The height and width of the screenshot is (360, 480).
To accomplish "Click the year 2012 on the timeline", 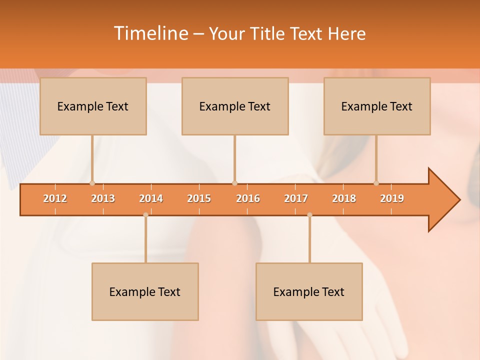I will tap(55, 198).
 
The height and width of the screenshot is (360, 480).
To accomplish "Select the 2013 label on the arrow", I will tap(103, 198).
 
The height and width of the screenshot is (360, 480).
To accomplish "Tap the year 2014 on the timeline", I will tap(151, 198).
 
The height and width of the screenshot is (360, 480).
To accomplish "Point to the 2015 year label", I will tap(199, 198).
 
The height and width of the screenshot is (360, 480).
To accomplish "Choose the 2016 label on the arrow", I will tap(248, 198).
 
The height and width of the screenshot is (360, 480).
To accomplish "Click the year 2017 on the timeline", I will tap(296, 198).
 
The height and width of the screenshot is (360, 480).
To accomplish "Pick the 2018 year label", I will tap(344, 198).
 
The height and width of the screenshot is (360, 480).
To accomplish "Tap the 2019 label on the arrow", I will tap(392, 198).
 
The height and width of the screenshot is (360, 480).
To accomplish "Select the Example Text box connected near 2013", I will tap(93, 106).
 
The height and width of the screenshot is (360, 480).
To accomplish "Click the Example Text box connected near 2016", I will tap(235, 106).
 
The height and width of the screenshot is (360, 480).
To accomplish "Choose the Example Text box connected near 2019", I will tap(377, 106).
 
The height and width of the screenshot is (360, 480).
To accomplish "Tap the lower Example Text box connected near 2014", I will tap(145, 291).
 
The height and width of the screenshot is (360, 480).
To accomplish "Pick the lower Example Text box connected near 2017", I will tap(309, 291).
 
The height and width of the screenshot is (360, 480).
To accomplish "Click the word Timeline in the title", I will tap(150, 33).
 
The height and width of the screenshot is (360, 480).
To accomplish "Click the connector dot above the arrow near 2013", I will tap(92, 183).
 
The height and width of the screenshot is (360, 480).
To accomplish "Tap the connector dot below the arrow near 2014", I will tap(145, 215).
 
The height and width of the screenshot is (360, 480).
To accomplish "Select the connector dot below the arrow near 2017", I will tap(309, 215).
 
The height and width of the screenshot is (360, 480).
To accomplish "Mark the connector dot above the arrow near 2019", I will tap(376, 183).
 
